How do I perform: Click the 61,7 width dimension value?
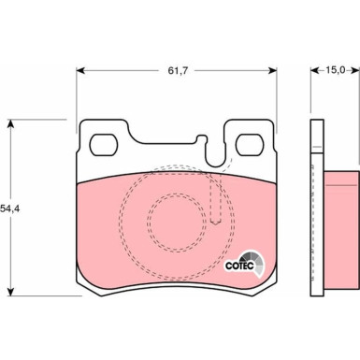tap(178, 71)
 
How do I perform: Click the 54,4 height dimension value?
tap(10, 209)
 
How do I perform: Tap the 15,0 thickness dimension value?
tap(336, 70)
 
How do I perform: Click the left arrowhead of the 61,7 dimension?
tap(80, 71)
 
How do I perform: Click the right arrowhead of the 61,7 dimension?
tap(272, 71)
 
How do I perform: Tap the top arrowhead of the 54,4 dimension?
tap(11, 123)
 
